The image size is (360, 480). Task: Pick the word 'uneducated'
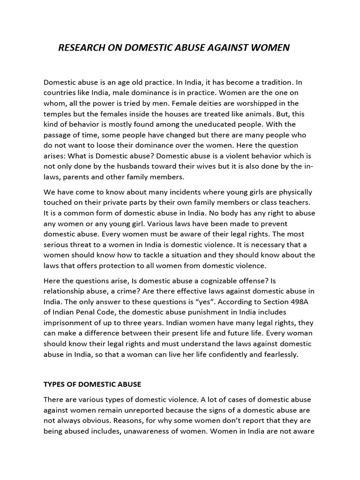tap(225, 124)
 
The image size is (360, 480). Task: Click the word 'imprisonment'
tap(67, 322)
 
